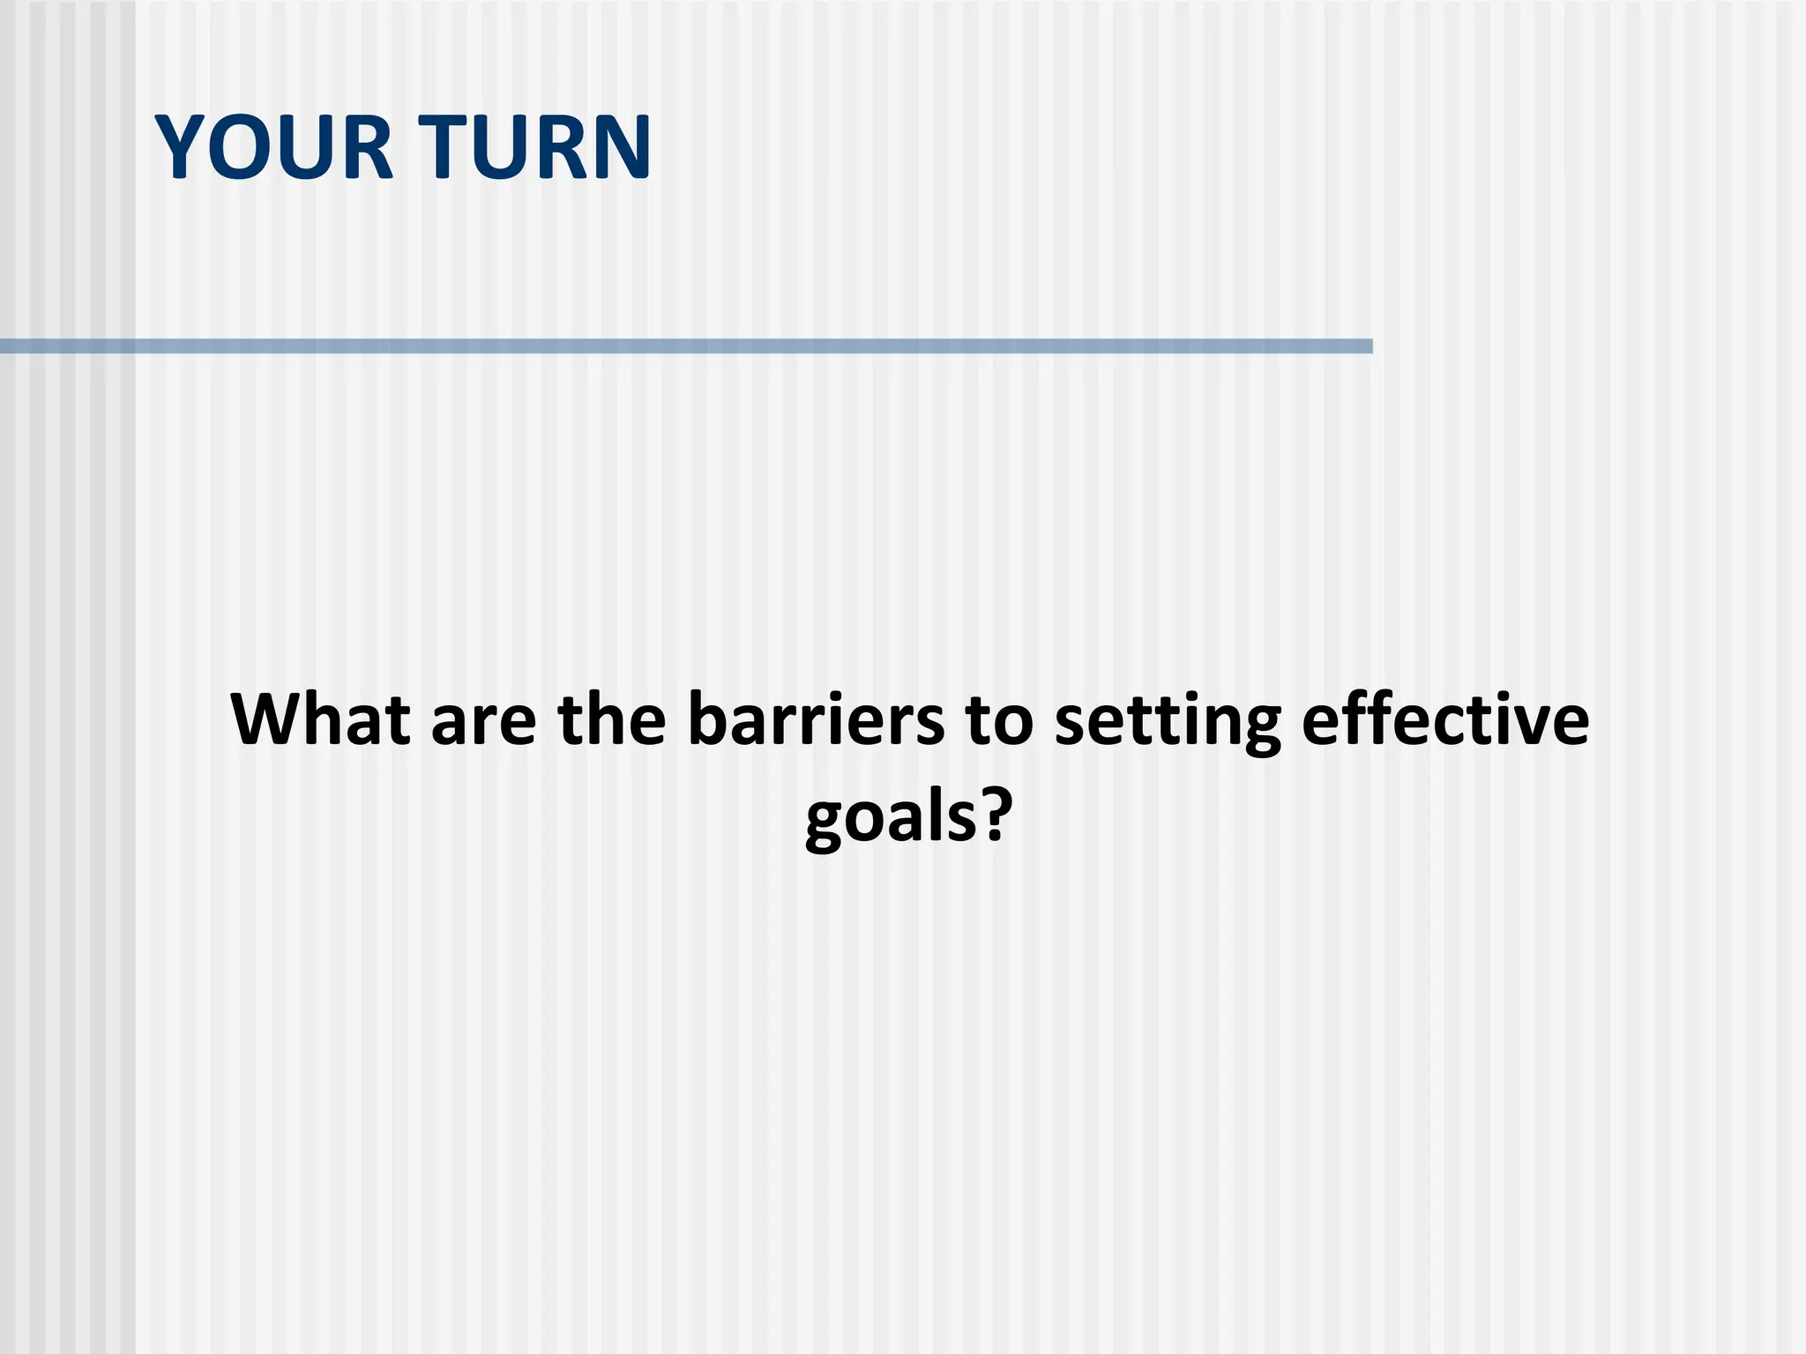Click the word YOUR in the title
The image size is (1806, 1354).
[x=274, y=147]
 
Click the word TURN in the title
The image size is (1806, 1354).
[x=534, y=147]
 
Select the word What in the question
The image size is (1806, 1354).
[x=320, y=719]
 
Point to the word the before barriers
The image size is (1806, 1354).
[x=612, y=719]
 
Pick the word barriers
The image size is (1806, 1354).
[x=817, y=719]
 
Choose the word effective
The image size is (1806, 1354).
[x=1445, y=719]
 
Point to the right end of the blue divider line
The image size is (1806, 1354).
[x=1369, y=346]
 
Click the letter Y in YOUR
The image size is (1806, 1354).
[x=180, y=147]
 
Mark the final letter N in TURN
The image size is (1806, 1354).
[x=621, y=147]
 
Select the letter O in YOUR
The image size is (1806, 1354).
[x=235, y=147]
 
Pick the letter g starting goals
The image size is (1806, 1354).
[x=827, y=823]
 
